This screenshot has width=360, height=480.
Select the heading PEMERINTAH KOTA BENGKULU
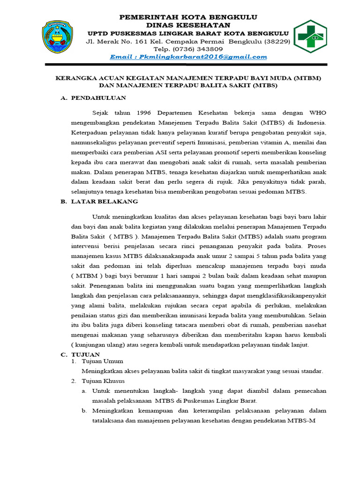[188, 17]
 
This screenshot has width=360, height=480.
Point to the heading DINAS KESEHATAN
[188, 25]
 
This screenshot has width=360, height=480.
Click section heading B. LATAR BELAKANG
[99, 201]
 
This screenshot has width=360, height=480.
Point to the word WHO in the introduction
[318, 113]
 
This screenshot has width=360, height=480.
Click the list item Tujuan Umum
[102, 361]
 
